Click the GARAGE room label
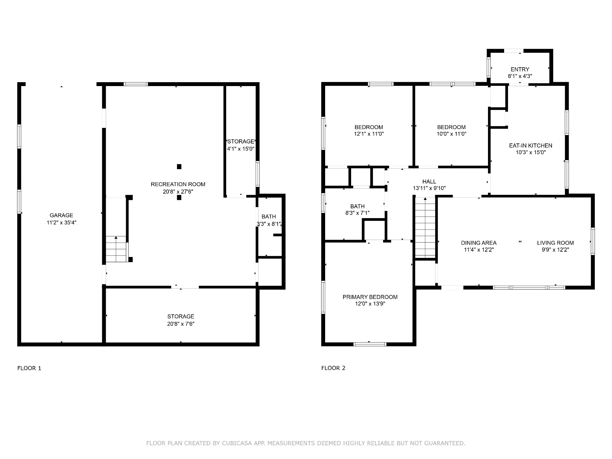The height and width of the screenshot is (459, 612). click(61, 215)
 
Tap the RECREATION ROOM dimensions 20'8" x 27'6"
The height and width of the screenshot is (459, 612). click(178, 192)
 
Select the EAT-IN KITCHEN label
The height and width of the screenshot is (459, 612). click(531, 146)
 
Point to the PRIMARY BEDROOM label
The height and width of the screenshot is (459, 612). click(370, 297)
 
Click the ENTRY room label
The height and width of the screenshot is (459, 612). click(520, 69)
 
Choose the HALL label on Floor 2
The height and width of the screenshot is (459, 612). click(429, 181)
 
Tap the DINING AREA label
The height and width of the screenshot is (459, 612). click(479, 243)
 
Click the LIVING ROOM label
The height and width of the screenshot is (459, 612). click(556, 243)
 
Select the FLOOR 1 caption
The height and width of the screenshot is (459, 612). click(29, 368)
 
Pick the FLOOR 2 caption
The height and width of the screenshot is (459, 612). click(333, 368)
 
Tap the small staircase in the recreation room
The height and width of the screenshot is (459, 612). click(116, 249)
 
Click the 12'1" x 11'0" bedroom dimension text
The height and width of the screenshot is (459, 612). click(369, 134)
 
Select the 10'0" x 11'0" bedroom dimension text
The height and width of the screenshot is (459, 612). click(452, 134)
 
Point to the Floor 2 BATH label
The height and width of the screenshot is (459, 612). click(357, 206)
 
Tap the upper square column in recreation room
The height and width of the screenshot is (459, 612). click(179, 166)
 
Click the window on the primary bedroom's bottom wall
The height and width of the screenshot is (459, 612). click(370, 344)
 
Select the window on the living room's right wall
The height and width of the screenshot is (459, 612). click(593, 241)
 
